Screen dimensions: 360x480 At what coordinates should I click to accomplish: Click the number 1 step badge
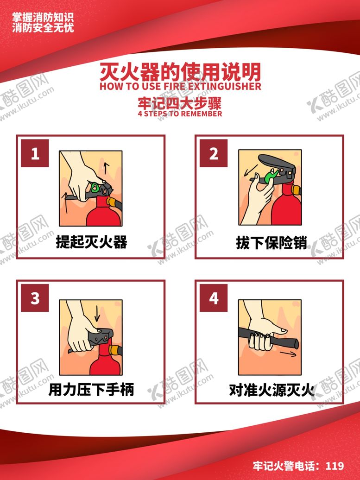point(35,153)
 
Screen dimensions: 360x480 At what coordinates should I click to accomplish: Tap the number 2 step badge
point(214,153)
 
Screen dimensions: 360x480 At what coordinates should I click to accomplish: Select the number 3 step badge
point(35,298)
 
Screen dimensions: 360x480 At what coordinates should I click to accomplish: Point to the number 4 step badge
point(214,298)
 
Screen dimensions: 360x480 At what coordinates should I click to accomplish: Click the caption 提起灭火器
point(91,242)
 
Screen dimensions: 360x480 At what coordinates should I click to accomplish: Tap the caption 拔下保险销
point(271,243)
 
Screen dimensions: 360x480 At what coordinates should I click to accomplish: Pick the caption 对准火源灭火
point(272,390)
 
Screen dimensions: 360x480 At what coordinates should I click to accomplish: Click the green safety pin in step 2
point(271,176)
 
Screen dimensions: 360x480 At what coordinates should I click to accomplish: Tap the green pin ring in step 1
point(95,187)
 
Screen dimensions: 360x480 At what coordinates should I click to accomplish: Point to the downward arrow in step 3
point(97,314)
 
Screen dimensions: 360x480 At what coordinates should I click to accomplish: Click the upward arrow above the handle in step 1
point(106,168)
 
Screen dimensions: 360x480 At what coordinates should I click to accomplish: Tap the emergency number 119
point(335,466)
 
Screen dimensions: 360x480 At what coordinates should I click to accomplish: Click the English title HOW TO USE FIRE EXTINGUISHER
point(180,86)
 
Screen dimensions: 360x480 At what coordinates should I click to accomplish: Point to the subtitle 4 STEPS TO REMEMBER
point(180,114)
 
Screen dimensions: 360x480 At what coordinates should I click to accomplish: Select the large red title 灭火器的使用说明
point(180,72)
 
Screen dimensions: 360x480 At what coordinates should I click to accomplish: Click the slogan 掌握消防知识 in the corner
point(43,18)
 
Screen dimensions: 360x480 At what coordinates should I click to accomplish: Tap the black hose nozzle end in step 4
point(296,343)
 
